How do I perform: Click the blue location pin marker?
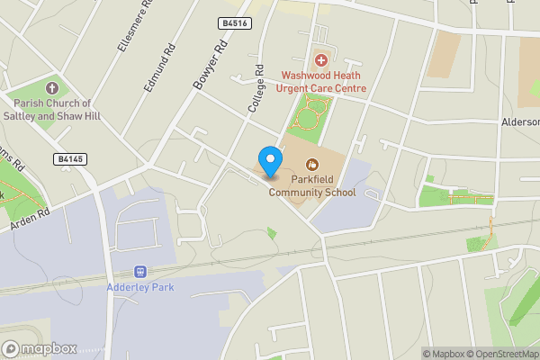click(269, 161)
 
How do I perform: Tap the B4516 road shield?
click(233, 24)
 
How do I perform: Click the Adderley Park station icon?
click(139, 271)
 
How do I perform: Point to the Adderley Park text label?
click(139, 287)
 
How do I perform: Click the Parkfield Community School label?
click(311, 185)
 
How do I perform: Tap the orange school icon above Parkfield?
click(312, 164)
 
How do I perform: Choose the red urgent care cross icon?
click(321, 59)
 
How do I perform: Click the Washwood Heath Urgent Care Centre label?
click(324, 82)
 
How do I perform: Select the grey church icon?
click(51, 88)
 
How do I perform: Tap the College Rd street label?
click(256, 87)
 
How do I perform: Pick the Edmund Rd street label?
click(157, 71)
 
